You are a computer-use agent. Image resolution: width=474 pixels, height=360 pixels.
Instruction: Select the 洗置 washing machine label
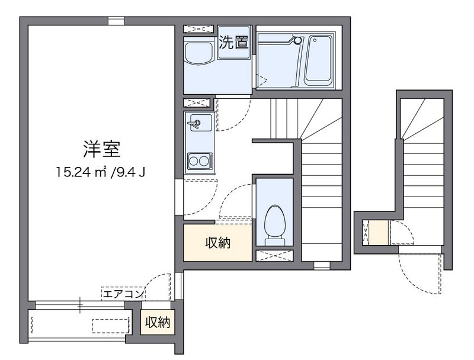[x=233, y=42]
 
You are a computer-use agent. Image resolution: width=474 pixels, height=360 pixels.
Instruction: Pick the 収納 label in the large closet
[x=218, y=242]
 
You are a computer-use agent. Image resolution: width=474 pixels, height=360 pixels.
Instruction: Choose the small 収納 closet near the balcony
[x=158, y=322]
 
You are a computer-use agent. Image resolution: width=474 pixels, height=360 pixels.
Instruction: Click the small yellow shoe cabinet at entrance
[x=377, y=232]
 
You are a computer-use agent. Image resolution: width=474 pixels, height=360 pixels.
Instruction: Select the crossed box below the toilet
[x=274, y=256]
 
